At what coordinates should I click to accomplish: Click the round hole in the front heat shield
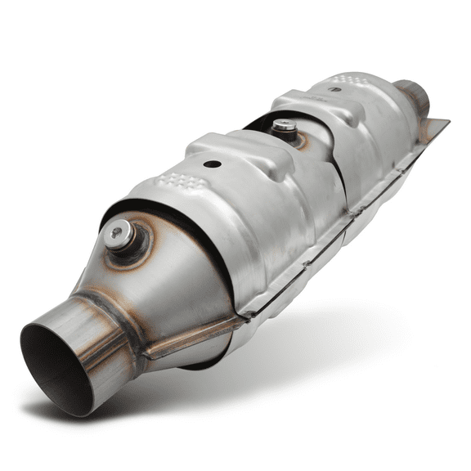tap(213, 164)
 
